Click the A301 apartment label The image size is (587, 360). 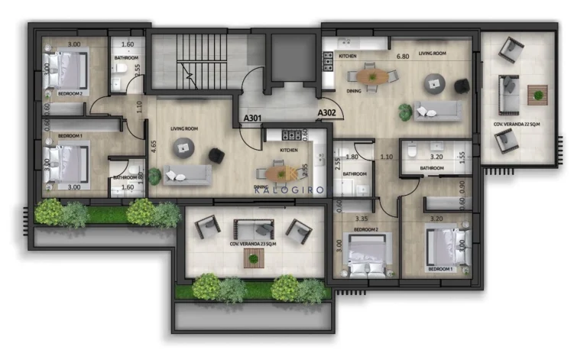point(253,118)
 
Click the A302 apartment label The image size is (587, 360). point(327,112)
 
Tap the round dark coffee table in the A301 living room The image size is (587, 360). point(183,150)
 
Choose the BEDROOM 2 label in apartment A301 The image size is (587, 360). point(73,93)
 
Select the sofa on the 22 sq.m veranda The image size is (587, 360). point(506,95)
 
